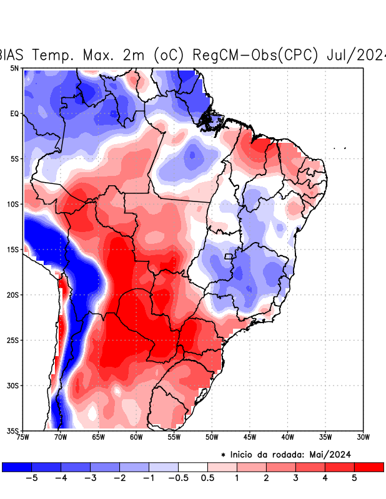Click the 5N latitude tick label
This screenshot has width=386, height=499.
pos(14,68)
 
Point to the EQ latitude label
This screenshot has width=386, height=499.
pos(14,114)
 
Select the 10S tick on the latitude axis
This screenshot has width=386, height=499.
pos(12,204)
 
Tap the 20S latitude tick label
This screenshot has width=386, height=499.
pos(12,295)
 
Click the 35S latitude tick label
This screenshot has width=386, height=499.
pos(12,430)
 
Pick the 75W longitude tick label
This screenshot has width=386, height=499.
pos(23,437)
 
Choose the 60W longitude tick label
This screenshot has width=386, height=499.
pos(136,437)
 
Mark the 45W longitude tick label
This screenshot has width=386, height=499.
pos(250,437)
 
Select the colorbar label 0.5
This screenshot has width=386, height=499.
pos(207,478)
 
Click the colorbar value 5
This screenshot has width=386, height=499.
pos(355,478)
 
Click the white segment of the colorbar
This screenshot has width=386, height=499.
pos(193,467)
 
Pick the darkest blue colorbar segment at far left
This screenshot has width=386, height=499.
pos(17,467)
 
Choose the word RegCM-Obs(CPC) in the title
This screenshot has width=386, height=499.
pos(257,55)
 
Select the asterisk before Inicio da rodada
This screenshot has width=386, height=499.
pos(223,455)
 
